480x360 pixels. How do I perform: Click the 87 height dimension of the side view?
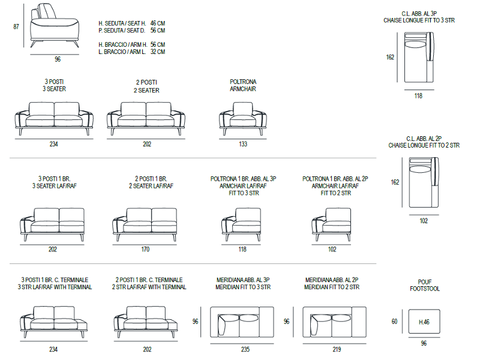(x=16, y=26)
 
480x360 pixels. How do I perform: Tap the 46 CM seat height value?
(x=158, y=23)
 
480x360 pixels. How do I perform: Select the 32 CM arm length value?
(x=158, y=52)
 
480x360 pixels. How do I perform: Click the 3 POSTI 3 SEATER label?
(x=54, y=85)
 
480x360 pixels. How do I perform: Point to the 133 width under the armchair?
(x=243, y=144)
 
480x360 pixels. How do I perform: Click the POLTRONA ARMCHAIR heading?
(x=243, y=85)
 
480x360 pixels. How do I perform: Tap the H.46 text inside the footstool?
(x=424, y=322)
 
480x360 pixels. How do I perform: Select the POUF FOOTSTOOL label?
(x=425, y=286)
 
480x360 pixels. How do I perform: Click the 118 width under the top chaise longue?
(x=418, y=96)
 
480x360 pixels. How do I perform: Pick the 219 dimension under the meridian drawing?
(x=337, y=349)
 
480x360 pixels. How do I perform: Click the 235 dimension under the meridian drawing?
(x=245, y=349)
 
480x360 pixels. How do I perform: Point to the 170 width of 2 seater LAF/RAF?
(x=145, y=249)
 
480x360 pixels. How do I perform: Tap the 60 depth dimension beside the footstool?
(x=394, y=322)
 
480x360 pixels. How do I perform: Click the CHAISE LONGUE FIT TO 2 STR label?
(x=424, y=145)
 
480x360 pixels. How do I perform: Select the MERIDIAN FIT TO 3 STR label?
(x=243, y=287)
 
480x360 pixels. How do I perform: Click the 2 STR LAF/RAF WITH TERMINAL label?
(x=149, y=287)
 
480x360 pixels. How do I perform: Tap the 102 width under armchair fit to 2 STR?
(x=332, y=249)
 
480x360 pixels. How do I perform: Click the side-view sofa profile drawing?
(x=55, y=25)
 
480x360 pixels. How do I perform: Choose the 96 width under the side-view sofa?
(x=58, y=59)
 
